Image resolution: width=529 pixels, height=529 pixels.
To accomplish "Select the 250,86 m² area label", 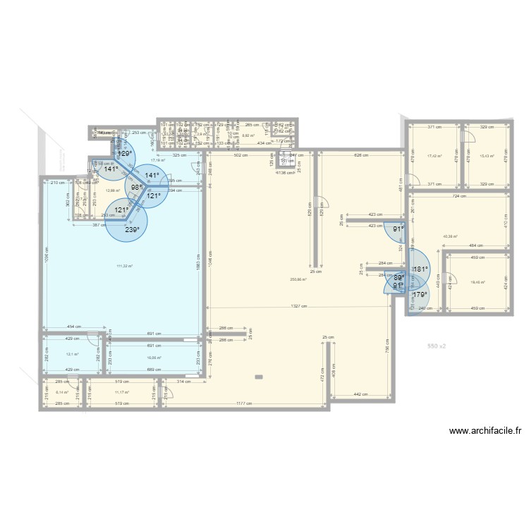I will tap(298, 279).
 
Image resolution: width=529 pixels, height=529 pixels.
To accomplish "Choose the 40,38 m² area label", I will tap(450, 236).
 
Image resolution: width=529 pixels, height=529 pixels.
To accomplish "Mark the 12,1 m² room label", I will tap(72, 354).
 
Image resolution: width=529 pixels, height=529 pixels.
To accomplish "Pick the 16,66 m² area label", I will tap(154, 358).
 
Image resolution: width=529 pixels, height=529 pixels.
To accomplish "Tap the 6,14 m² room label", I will tap(60, 391).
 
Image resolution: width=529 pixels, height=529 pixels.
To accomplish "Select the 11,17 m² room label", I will tap(121, 391).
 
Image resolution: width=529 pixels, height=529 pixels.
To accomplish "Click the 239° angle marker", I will tap(132, 229).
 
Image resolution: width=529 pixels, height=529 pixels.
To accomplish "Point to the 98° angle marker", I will tap(136, 188).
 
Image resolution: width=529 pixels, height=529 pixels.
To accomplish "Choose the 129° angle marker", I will tap(125, 153).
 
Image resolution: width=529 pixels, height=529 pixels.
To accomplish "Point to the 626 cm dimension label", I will tap(361, 155).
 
